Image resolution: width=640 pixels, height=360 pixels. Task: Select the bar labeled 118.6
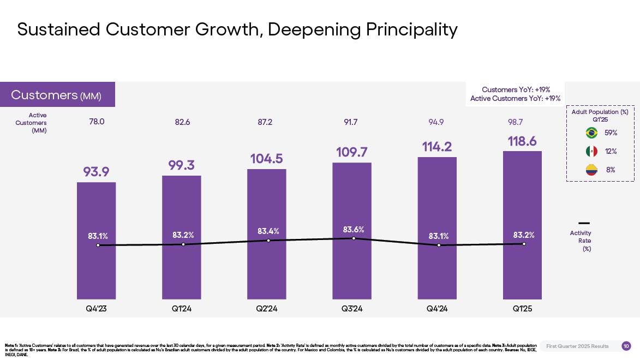pyautogui.click(x=522, y=273)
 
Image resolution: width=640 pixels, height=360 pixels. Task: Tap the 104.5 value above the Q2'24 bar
pyautogui.click(x=266, y=159)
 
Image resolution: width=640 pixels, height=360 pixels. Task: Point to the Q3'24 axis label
pyautogui.click(x=352, y=309)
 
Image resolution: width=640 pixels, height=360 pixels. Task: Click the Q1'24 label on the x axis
pyautogui.click(x=182, y=309)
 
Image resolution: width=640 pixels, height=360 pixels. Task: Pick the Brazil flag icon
pyautogui.click(x=591, y=133)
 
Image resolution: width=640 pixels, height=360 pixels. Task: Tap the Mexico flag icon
pyautogui.click(x=591, y=151)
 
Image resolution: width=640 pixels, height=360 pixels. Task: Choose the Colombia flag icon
pyautogui.click(x=591, y=170)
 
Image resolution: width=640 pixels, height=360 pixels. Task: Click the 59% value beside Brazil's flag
pyautogui.click(x=611, y=133)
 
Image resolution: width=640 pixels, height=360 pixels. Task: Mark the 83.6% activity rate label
pyautogui.click(x=354, y=230)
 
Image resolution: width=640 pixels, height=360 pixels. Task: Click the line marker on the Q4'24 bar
pyautogui.click(x=439, y=245)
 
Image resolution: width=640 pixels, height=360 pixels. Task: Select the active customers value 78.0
pyautogui.click(x=97, y=122)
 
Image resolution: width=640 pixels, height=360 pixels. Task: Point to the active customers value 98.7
pyautogui.click(x=516, y=122)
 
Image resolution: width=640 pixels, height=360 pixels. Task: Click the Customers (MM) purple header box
pyautogui.click(x=57, y=95)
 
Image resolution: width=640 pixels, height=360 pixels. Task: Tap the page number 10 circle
pyautogui.click(x=626, y=346)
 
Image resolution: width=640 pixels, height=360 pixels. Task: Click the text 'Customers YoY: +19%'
pyautogui.click(x=516, y=89)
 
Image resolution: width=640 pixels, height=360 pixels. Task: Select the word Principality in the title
pyautogui.click(x=411, y=29)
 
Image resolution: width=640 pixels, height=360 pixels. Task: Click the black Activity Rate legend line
pyautogui.click(x=584, y=223)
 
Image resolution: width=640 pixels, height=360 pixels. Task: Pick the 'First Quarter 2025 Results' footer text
pyautogui.click(x=577, y=346)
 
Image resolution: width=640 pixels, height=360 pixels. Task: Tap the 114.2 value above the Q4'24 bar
pyautogui.click(x=437, y=147)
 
